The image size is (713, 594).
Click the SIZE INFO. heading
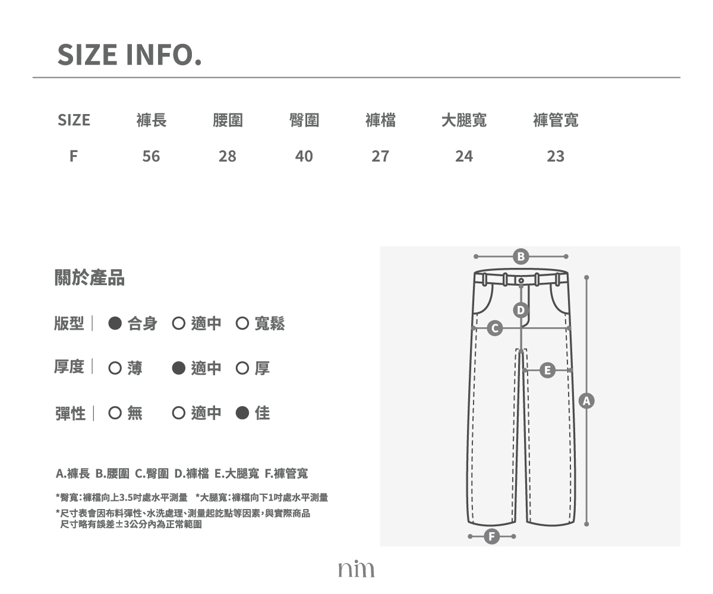130,55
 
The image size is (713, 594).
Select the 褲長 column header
152,120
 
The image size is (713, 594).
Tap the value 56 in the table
152,156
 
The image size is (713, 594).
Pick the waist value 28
228,156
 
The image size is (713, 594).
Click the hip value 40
304,156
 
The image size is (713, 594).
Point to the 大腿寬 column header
464,120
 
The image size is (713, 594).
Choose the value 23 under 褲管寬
556,156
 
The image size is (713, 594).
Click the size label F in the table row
74,156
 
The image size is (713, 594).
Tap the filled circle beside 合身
115,323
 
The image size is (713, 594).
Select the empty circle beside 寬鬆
242,323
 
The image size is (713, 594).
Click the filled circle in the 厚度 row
179,368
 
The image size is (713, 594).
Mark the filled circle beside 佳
242,413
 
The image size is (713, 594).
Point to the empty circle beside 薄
115,368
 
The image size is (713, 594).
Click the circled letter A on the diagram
586,401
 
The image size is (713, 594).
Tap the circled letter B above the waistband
520,257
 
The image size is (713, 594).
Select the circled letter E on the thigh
547,371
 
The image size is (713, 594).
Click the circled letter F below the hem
492,536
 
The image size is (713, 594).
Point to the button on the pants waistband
521,280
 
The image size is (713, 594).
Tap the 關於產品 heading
90,277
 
